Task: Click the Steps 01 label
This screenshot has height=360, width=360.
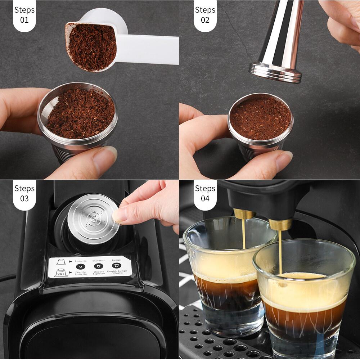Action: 24,15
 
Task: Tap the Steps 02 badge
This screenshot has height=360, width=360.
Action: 205,15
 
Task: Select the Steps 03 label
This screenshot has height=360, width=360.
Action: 24,193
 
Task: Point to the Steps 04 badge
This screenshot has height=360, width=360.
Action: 205,193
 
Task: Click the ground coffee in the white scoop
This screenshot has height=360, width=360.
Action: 93,47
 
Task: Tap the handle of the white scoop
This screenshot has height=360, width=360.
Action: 151,50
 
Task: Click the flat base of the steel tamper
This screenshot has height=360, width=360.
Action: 275,72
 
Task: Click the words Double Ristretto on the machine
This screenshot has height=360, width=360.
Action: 81,273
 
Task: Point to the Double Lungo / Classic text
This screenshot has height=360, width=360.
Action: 117,273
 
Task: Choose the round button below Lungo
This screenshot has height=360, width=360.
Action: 116,266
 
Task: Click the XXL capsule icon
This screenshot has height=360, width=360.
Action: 61,273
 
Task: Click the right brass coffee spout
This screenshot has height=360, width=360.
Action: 280,224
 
